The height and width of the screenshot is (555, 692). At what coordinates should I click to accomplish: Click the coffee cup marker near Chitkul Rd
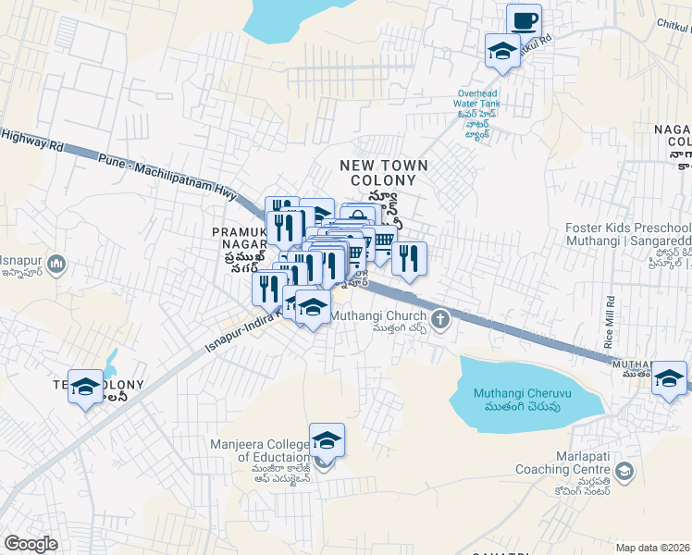[524, 20]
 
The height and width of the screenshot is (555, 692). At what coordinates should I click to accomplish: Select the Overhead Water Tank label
[477, 104]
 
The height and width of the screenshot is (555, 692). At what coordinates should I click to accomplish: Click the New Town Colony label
[384, 172]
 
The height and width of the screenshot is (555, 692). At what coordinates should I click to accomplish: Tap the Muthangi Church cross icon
[440, 319]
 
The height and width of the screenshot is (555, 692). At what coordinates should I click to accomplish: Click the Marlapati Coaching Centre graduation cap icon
[624, 473]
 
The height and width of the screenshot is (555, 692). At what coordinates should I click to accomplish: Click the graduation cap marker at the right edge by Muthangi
[668, 378]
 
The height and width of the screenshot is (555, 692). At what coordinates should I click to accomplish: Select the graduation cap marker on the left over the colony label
[86, 387]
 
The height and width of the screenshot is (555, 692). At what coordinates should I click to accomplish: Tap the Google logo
[31, 544]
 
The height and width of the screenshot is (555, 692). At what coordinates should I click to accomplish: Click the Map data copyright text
[653, 548]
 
